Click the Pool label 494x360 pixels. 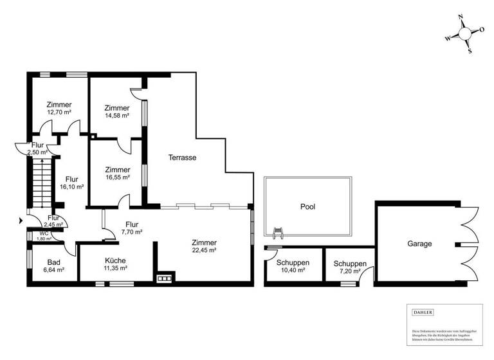[307, 207]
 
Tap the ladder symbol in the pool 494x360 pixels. [279, 231]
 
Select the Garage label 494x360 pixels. [419, 244]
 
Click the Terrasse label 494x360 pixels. [182, 157]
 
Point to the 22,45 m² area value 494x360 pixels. [204, 251]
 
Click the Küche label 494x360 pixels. [116, 260]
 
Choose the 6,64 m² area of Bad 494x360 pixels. [53, 270]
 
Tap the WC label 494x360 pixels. [44, 233]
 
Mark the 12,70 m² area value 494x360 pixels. [59, 112]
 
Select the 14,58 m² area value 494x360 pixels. [117, 116]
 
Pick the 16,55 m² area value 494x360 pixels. [117, 177]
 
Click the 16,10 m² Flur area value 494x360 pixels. [72, 187]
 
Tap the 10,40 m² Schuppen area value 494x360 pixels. [293, 271]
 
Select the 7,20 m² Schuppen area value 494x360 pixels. [349, 272]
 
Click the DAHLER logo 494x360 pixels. [423, 312]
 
